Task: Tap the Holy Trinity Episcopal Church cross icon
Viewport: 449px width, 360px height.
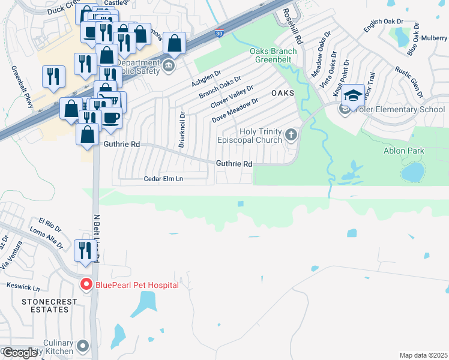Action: pyautogui.click(x=291, y=134)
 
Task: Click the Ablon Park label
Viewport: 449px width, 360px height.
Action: pyautogui.click(x=404, y=151)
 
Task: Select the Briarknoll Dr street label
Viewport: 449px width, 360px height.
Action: pyautogui.click(x=182, y=129)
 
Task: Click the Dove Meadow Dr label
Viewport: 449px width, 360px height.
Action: pyautogui.click(x=235, y=110)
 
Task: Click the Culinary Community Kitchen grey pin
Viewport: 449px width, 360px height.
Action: pyautogui.click(x=82, y=346)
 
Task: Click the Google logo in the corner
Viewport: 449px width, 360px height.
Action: pyautogui.click(x=20, y=353)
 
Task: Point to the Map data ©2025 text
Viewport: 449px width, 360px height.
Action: pyautogui.click(x=423, y=355)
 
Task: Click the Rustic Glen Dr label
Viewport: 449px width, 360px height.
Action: pyautogui.click(x=409, y=83)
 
